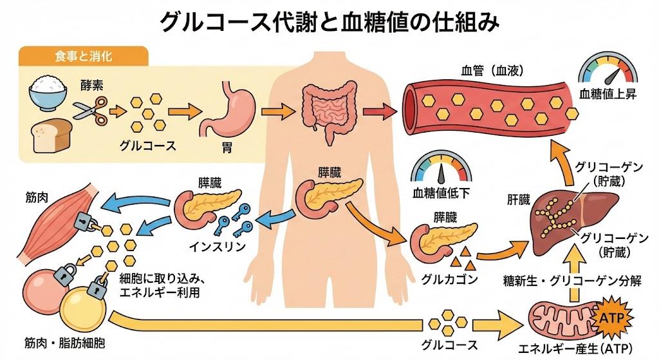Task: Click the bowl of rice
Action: tap(48, 93)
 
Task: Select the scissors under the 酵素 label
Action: tap(89, 110)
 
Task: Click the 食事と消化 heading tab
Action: tap(84, 57)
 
